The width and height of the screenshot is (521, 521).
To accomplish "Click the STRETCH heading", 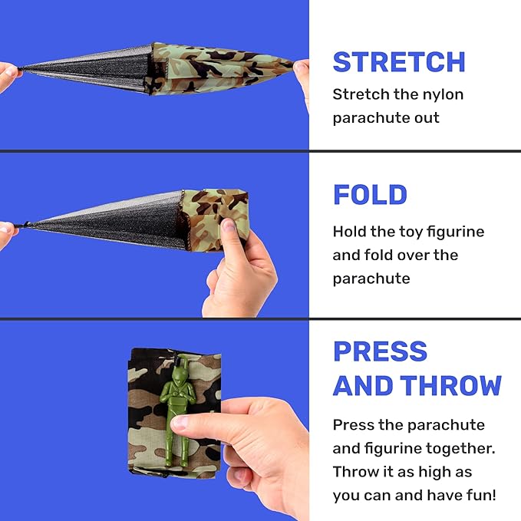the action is [x=399, y=62].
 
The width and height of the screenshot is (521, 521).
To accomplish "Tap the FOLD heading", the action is [x=370, y=195].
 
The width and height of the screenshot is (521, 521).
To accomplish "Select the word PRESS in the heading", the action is [x=380, y=351].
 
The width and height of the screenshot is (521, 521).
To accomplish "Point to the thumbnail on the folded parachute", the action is [x=229, y=226].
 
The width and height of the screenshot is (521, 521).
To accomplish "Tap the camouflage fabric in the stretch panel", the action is [x=219, y=68].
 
